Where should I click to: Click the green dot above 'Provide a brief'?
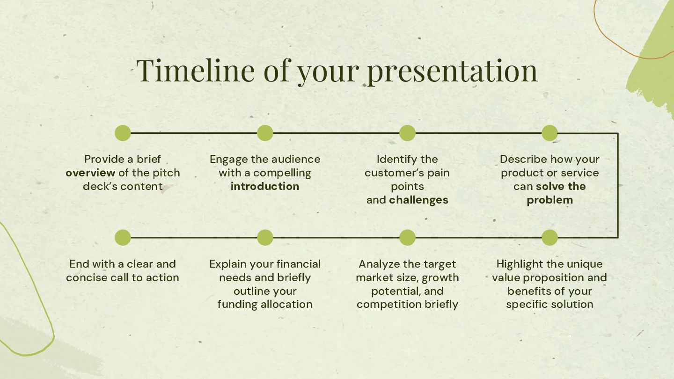click(x=123, y=133)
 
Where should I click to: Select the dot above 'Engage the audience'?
click(x=265, y=133)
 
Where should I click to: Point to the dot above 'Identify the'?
click(x=407, y=133)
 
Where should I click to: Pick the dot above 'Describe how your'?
click(x=549, y=133)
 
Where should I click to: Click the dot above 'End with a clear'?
click(x=123, y=238)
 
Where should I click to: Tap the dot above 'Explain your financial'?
click(x=265, y=238)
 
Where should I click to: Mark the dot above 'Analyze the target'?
click(x=407, y=238)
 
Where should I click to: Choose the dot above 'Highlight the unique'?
click(x=549, y=238)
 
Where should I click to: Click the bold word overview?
click(x=90, y=173)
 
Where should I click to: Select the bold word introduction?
click(x=265, y=187)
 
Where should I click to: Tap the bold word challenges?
click(x=418, y=200)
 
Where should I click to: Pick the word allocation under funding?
click(x=286, y=305)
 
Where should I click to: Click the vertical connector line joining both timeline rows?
click(x=618, y=185)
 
